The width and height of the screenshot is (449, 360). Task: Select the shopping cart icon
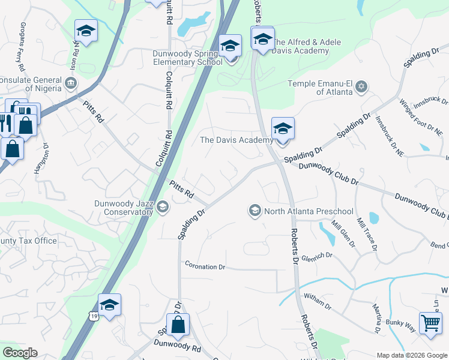point(430,323)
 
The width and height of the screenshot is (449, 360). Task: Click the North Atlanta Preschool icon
point(255,211)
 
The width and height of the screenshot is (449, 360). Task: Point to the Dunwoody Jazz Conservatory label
point(123,208)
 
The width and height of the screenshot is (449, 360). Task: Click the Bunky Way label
point(401,326)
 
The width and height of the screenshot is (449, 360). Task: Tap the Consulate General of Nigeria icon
point(71,82)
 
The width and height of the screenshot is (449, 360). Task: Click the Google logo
point(19,353)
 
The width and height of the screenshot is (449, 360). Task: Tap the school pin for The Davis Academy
point(283,128)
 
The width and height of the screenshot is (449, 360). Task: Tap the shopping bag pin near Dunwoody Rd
point(178,326)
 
